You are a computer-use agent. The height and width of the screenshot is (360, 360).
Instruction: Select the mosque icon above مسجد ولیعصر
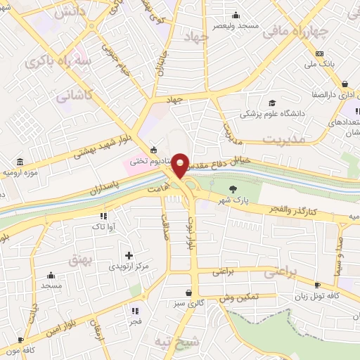pos(236,15)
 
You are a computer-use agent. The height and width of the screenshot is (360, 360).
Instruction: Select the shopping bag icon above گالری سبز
pos(188,292)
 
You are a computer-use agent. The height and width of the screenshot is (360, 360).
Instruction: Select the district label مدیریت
pos(285,139)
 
